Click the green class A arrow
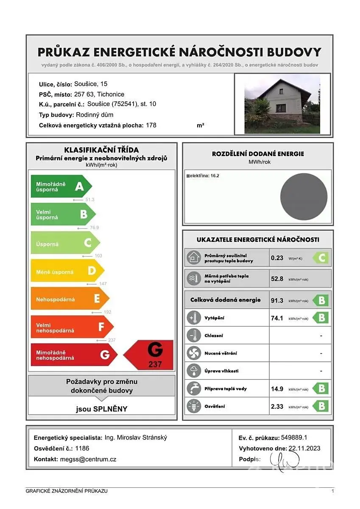(61, 187)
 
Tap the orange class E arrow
(69, 299)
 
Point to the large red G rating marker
(149, 355)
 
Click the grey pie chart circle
(304, 196)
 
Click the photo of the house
(282, 104)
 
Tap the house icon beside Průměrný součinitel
(194, 258)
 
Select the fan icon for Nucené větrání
(194, 353)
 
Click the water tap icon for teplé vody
(194, 389)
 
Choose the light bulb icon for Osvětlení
(194, 406)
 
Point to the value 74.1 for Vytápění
(277, 318)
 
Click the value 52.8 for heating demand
(277, 279)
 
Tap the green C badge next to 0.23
(321, 258)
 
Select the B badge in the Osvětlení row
(321, 406)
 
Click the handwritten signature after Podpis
(285, 459)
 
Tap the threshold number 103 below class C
(99, 256)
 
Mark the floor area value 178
(151, 125)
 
